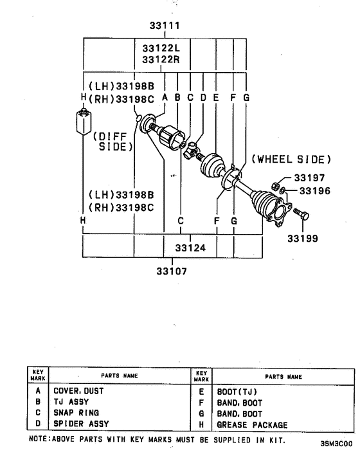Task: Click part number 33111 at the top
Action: point(164,26)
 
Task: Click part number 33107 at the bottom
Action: point(171,271)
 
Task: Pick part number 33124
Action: point(190,247)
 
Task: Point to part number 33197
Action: point(310,177)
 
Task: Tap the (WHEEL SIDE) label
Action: point(291,159)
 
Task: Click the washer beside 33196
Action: point(283,191)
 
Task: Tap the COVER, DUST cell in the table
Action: point(78,390)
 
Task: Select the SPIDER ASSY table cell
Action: point(81,424)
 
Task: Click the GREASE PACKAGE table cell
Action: point(252,425)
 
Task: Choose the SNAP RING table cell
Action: point(76,413)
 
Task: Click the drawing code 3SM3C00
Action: point(336,444)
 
